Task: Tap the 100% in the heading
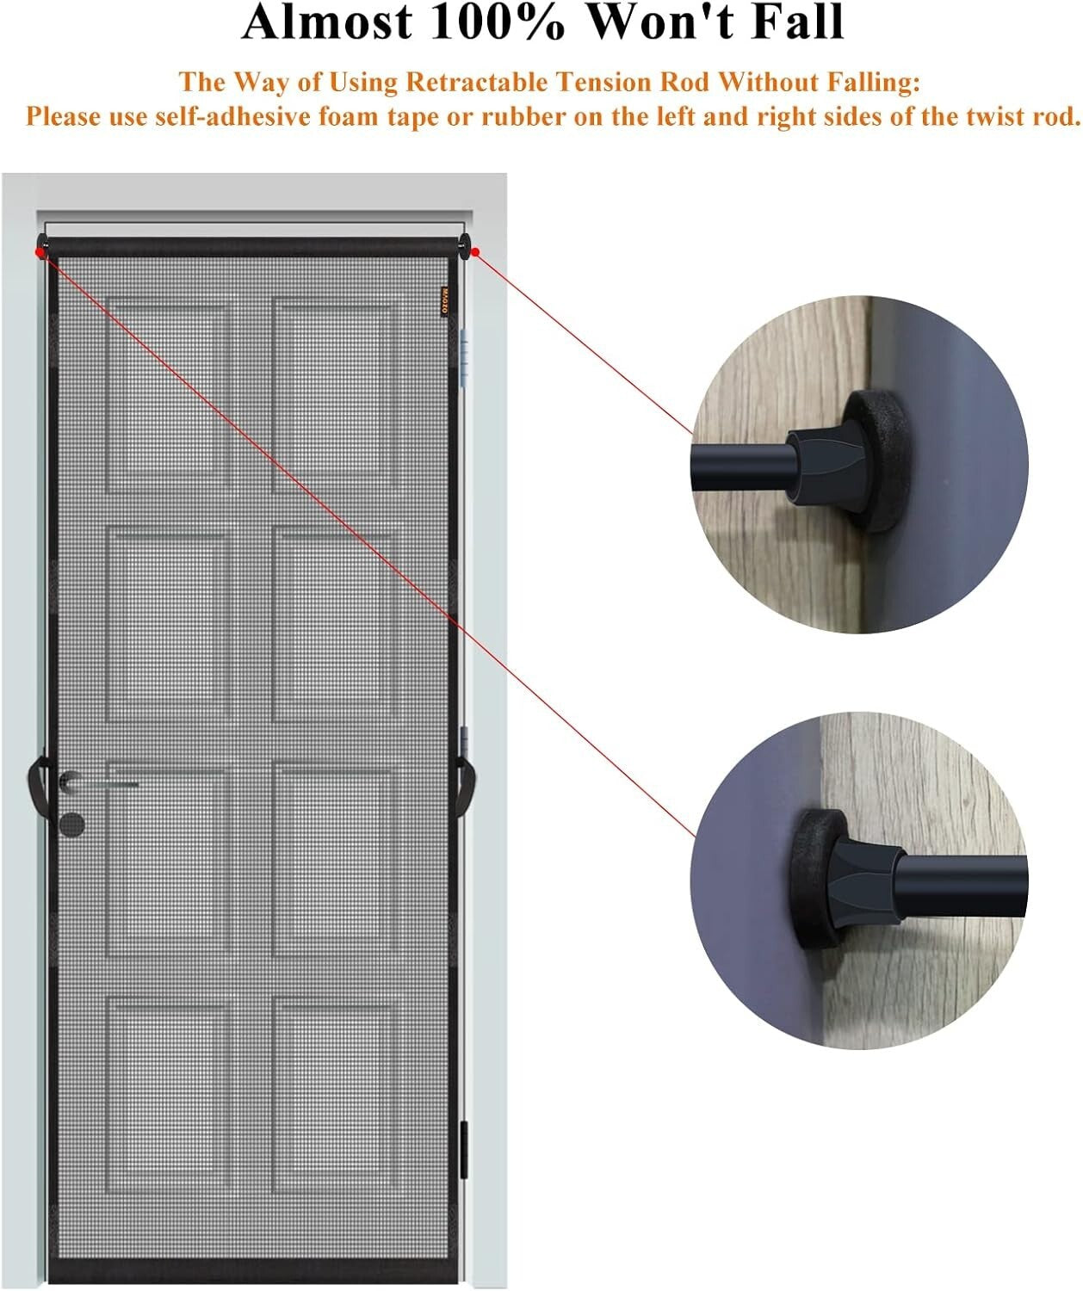pos(499,22)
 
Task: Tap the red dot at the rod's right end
pos(475,251)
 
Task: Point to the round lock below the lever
pos(74,822)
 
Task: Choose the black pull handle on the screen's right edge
pos(470,779)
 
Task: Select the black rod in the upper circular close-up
pos(740,466)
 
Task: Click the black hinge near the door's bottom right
pos(464,1149)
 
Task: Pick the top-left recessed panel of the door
pos(169,398)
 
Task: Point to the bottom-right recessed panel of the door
pos(336,1095)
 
